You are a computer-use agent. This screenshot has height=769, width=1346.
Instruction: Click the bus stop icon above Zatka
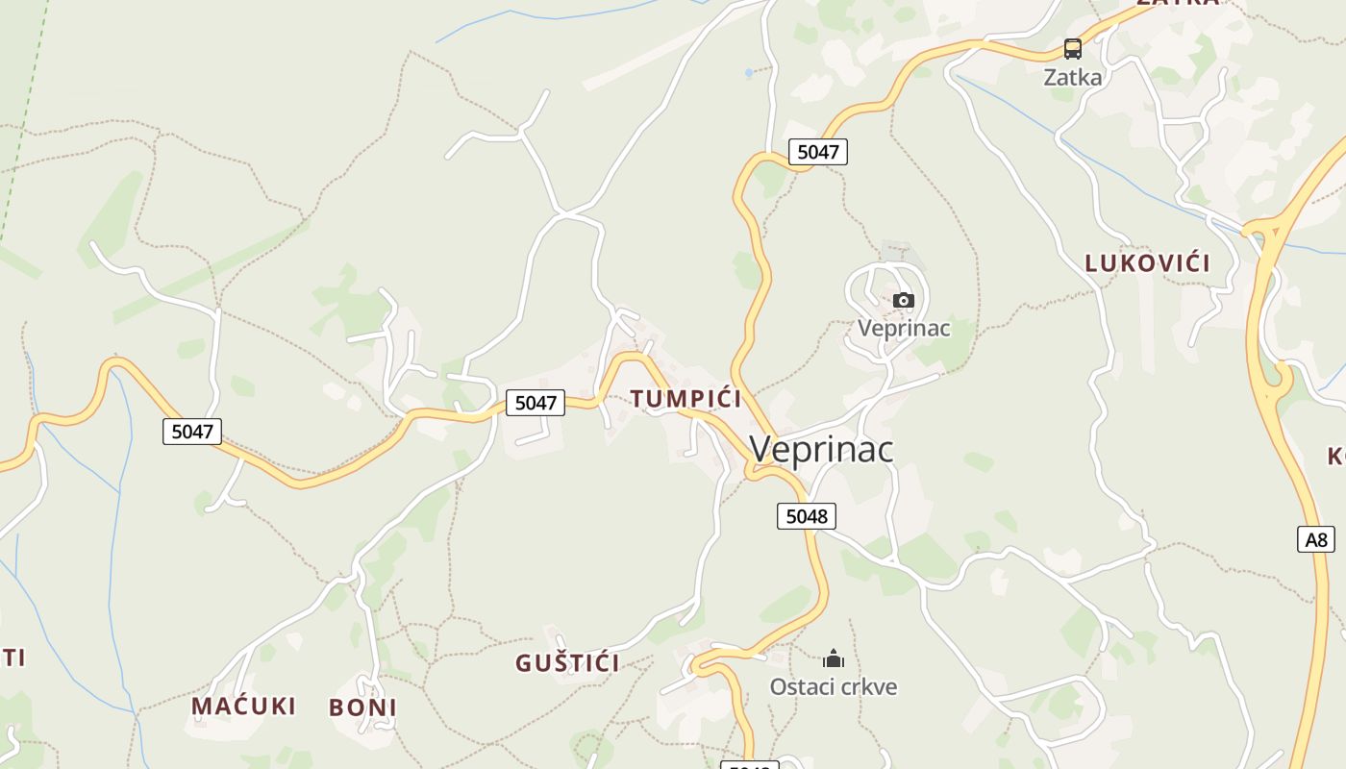click(1072, 48)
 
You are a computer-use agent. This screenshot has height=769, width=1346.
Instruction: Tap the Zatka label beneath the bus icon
click(1073, 77)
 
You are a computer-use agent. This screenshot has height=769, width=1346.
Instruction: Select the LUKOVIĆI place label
click(1147, 263)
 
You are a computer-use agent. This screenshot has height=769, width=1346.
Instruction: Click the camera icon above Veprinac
click(903, 300)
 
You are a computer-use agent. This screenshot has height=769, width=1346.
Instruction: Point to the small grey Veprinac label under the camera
click(904, 329)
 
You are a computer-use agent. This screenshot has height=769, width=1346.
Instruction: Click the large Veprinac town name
click(821, 449)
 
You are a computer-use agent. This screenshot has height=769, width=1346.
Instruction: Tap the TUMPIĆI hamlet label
click(685, 399)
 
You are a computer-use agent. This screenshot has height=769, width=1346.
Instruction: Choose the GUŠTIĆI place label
click(567, 663)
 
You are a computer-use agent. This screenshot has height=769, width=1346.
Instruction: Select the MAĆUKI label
click(243, 707)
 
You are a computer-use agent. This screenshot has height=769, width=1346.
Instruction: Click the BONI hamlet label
click(362, 708)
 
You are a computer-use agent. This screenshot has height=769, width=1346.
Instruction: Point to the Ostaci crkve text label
click(834, 687)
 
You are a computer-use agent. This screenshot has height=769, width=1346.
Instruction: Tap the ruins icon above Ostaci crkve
click(833, 659)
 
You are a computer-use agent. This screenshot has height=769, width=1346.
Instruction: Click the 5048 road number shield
click(806, 516)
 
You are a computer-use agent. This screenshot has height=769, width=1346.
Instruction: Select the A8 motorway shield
click(1316, 539)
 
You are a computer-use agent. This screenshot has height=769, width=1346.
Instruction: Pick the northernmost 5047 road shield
click(818, 151)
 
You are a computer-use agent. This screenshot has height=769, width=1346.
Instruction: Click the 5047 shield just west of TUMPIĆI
click(536, 403)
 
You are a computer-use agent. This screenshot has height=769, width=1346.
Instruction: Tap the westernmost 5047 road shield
click(191, 432)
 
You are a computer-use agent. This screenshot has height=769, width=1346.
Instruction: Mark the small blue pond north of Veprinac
click(749, 72)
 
